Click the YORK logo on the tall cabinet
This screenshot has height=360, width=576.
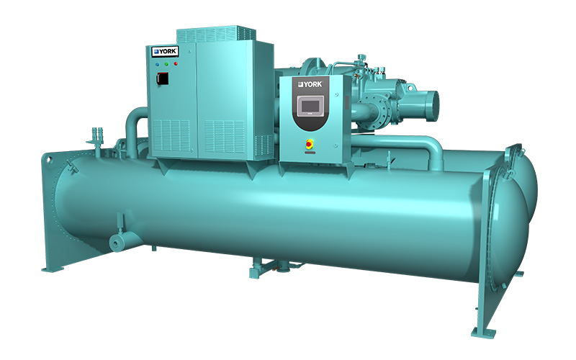166,51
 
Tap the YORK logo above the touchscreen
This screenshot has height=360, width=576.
310,84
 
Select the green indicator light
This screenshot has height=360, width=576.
166,64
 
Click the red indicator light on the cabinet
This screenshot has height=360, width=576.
176,63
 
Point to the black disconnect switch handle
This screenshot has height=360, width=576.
163,78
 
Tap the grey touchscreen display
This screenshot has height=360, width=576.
310,106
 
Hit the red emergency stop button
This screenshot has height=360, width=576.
310,143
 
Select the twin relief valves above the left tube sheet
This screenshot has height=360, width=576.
97,136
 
